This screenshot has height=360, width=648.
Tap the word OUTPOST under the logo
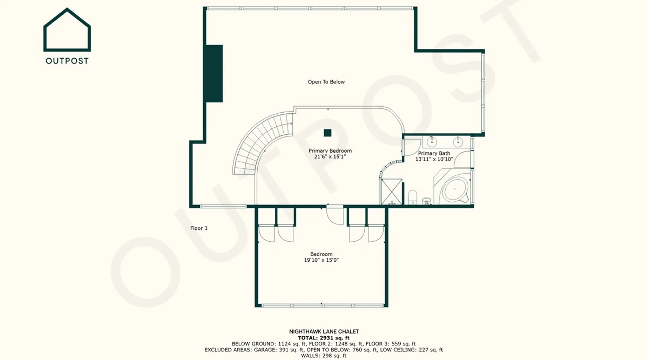(67, 61)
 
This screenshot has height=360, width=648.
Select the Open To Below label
(326, 82)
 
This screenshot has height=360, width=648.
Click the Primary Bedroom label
(330, 150)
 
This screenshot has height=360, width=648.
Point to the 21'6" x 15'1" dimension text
(330, 157)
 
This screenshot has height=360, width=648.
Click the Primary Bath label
(434, 153)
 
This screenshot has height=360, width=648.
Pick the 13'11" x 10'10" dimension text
(434, 159)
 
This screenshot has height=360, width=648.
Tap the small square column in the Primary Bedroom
(327, 133)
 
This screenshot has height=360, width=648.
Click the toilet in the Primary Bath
(413, 197)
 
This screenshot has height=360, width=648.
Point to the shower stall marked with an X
(391, 192)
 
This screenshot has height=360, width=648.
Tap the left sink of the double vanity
(432, 141)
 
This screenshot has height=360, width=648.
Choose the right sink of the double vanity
(458, 141)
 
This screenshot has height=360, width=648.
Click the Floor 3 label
(199, 228)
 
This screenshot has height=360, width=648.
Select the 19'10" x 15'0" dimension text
(321, 260)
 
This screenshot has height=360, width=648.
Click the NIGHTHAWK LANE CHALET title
(324, 332)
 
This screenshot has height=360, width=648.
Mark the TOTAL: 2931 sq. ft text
(324, 338)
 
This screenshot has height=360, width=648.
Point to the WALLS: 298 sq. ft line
(324, 356)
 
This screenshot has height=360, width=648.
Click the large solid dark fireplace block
(214, 73)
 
